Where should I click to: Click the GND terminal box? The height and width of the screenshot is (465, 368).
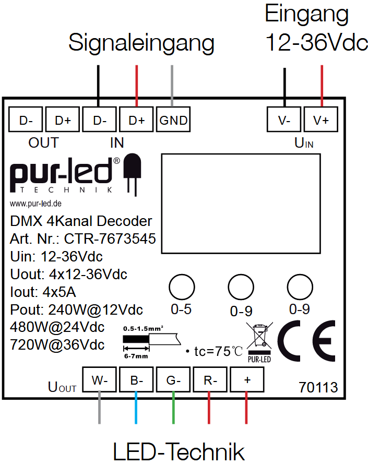click(173, 120)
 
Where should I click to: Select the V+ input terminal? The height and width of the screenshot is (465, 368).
click(321, 120)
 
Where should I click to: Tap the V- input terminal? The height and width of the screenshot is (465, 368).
click(284, 120)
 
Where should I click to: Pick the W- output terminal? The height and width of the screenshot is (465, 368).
click(99, 380)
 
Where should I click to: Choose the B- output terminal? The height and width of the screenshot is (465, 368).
click(136, 380)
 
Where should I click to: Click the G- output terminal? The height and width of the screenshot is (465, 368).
click(173, 380)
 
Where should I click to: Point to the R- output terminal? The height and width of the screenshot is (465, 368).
click(210, 380)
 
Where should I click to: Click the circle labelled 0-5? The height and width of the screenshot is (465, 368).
click(182, 287)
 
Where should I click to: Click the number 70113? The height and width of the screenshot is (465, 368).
click(318, 388)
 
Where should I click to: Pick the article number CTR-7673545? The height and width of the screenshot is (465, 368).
click(110, 239)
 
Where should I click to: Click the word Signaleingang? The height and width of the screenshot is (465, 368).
click(141, 43)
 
